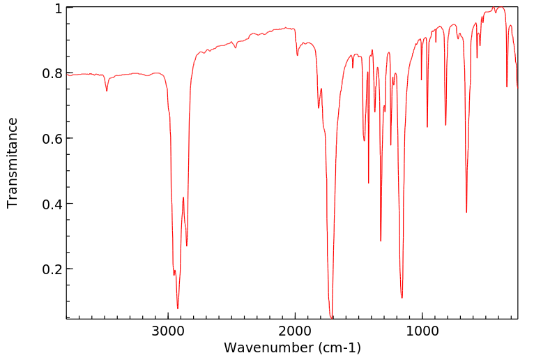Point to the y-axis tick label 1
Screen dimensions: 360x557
[x=59, y=8]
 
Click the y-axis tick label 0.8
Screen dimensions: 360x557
[x=54, y=73]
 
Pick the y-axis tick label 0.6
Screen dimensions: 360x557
[x=54, y=138]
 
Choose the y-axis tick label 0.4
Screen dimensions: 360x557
[x=54, y=204]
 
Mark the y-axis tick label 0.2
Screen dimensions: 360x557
[x=54, y=269]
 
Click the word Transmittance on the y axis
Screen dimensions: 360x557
[x=13, y=163]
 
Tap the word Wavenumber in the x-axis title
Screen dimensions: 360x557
[x=267, y=347]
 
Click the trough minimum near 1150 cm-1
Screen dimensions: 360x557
[x=402, y=298]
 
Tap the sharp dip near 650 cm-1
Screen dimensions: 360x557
[x=466, y=212]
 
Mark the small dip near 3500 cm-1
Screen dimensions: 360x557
[x=107, y=91]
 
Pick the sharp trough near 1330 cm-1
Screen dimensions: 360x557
[x=381, y=241]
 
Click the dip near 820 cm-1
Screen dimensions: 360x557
[x=445, y=126]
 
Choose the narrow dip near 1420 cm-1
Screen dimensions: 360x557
[x=369, y=183]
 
